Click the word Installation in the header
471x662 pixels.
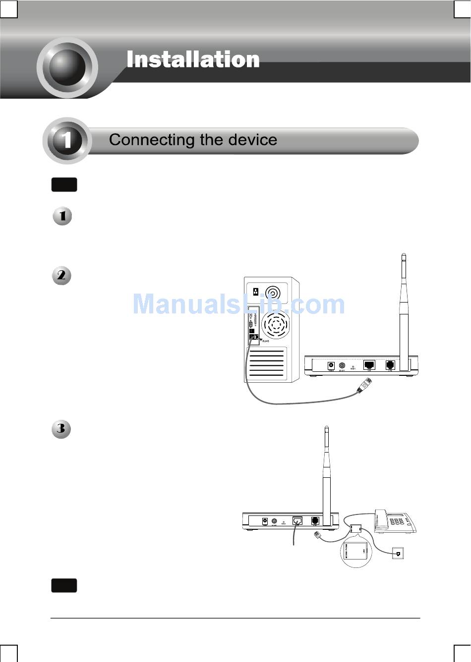(x=193, y=60)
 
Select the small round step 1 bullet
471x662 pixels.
(x=62, y=216)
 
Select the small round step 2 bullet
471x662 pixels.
(x=61, y=275)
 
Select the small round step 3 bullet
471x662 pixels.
(x=61, y=428)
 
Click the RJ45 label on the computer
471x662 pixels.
(x=265, y=341)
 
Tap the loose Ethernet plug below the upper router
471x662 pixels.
(x=364, y=385)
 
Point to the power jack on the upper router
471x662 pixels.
(x=331, y=366)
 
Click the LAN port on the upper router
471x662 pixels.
(x=369, y=365)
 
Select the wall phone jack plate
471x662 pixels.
(x=398, y=554)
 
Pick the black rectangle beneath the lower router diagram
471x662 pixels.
(x=64, y=585)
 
